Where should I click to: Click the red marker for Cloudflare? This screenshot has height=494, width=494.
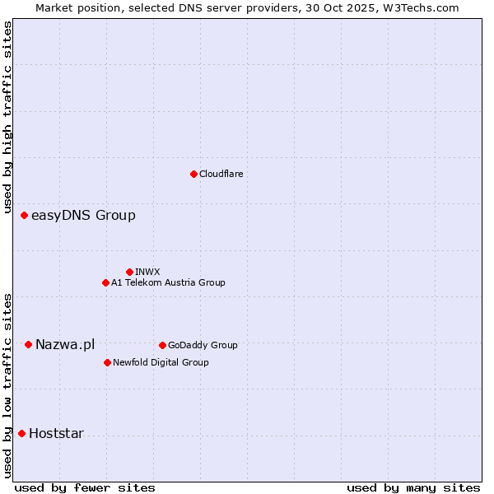click(193, 174)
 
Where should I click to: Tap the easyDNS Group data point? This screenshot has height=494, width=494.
click(24, 216)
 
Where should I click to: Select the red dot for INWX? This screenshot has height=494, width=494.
click(129, 272)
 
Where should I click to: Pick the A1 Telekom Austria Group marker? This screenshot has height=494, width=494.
click(105, 282)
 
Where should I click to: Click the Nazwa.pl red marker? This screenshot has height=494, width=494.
click(28, 344)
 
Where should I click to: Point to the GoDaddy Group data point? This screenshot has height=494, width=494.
click(162, 345)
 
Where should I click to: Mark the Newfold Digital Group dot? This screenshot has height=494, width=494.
click(107, 362)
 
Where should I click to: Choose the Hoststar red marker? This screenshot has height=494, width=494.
click(21, 433)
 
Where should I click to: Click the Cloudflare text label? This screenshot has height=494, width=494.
click(221, 174)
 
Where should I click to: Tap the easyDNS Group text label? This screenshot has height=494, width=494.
click(83, 216)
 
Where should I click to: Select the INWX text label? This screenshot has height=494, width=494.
click(147, 272)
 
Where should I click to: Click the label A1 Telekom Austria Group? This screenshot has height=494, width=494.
click(168, 282)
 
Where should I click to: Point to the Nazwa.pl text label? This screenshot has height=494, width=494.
click(65, 344)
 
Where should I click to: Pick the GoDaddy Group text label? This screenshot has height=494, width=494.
click(203, 345)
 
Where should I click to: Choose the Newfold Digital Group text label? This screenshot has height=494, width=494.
click(161, 362)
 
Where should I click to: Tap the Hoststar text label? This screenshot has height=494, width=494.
click(56, 433)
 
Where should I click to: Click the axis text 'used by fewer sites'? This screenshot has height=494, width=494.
click(85, 487)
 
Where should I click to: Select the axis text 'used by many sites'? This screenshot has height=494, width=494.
click(413, 487)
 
